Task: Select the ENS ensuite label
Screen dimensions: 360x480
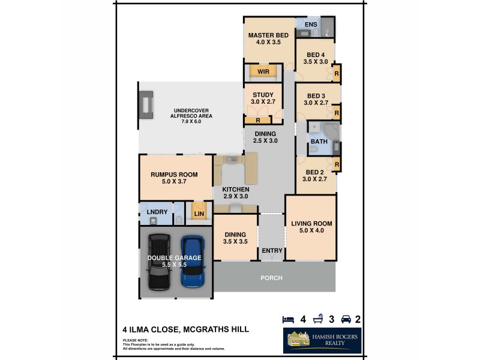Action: (311, 25)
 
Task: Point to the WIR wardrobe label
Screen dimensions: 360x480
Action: (263, 72)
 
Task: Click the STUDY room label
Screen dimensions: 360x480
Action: (263, 95)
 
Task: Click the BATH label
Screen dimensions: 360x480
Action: (319, 142)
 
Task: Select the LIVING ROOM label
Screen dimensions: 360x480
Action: (311, 224)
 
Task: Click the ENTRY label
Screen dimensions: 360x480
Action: (272, 250)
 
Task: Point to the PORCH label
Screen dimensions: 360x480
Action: (271, 278)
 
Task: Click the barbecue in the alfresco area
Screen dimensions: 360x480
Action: (145, 106)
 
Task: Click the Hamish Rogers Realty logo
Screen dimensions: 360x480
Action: (322, 340)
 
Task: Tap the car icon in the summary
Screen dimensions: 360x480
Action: (346, 319)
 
